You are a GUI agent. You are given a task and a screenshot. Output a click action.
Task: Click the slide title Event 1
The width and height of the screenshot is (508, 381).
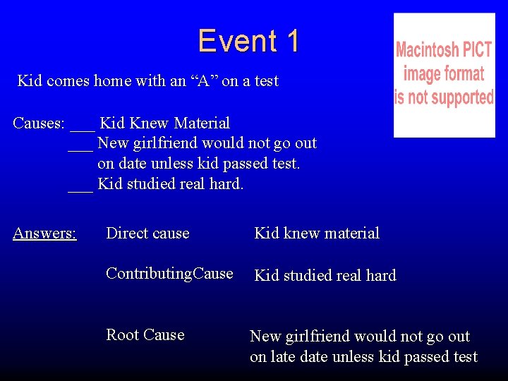pyautogui.click(x=248, y=41)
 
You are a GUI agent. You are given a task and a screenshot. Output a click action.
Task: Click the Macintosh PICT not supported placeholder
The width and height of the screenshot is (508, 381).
pyautogui.click(x=444, y=75)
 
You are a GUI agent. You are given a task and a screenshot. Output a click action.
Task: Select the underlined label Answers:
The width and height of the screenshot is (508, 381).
pyautogui.click(x=44, y=233)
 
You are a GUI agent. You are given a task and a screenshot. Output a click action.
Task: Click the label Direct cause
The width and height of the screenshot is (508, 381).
pyautogui.click(x=147, y=233)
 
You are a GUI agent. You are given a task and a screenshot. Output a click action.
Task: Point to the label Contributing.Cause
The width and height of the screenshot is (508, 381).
pyautogui.click(x=169, y=274)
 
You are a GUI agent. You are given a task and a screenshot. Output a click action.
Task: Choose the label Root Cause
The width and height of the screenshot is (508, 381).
pyautogui.click(x=145, y=334)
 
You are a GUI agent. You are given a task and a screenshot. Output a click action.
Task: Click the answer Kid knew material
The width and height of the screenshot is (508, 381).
pyautogui.click(x=317, y=233)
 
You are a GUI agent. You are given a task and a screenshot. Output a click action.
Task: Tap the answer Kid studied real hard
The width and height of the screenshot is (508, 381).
pyautogui.click(x=325, y=275)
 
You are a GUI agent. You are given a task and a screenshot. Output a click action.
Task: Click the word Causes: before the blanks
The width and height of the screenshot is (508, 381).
pyautogui.click(x=39, y=123)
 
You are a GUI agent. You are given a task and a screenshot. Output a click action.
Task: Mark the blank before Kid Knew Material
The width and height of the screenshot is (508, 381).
pyautogui.click(x=83, y=127)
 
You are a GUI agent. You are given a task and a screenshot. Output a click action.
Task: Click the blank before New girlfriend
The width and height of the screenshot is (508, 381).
pyautogui.click(x=80, y=147)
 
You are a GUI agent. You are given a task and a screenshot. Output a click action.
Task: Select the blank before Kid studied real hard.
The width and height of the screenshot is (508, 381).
pyautogui.click(x=80, y=188)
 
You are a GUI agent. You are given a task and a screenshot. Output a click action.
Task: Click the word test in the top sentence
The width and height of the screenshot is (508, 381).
pyautogui.click(x=266, y=81)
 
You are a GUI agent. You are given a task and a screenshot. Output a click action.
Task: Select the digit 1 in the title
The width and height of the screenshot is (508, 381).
pyautogui.click(x=291, y=41)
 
